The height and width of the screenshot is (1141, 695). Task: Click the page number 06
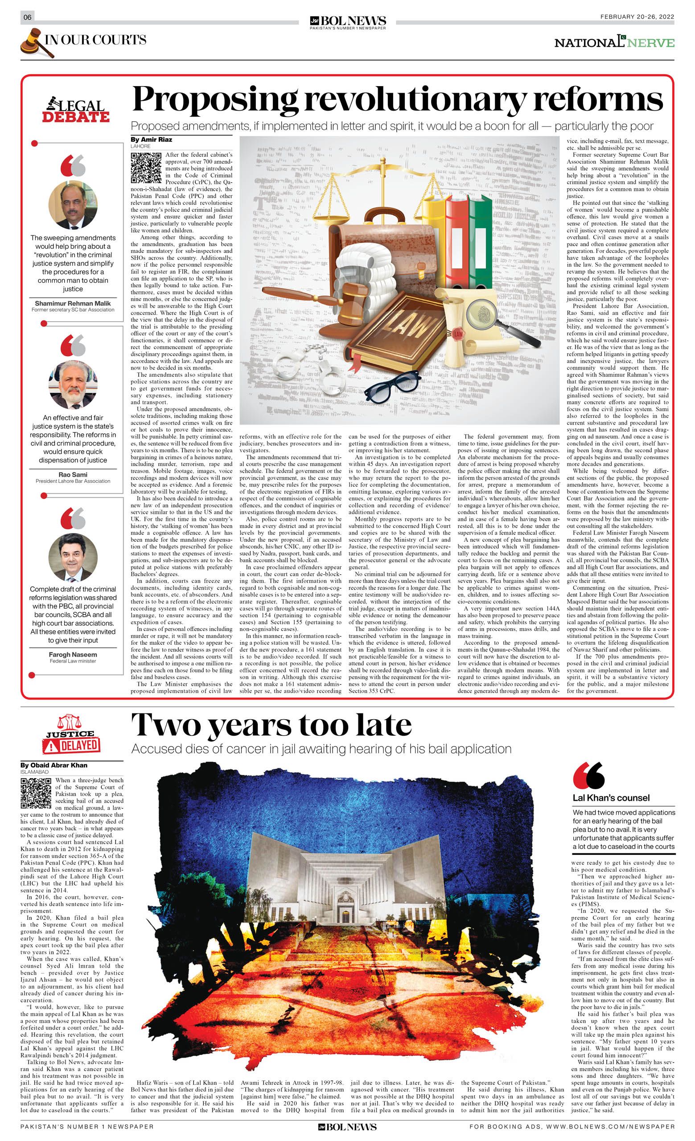27,17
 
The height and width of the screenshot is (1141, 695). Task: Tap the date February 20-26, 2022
637,16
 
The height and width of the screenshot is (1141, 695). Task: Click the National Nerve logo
614,42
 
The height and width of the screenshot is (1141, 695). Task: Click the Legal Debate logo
76,110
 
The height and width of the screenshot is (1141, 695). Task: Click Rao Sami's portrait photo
73,384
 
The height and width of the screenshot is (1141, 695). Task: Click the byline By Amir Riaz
151,140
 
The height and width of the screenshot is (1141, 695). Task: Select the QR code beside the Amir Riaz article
146,167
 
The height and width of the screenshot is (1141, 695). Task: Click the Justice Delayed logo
72,734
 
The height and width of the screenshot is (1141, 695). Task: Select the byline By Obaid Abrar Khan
53,765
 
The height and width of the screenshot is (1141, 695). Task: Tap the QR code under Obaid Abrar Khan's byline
36,793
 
